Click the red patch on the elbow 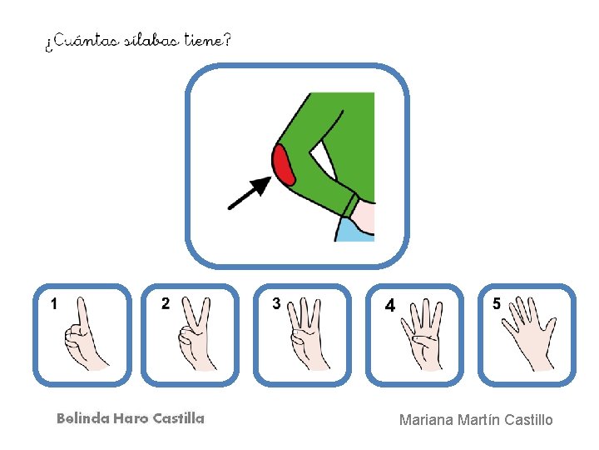click(283, 165)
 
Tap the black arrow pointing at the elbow click(250, 192)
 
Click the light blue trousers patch click(354, 230)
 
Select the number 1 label click(54, 304)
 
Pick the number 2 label click(166, 303)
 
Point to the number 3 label click(276, 303)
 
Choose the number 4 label click(389, 305)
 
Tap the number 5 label click(496, 303)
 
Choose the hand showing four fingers click(422, 334)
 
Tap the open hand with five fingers click(529, 333)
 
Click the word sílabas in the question click(151, 40)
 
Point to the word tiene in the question click(204, 40)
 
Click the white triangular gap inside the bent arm click(323, 160)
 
